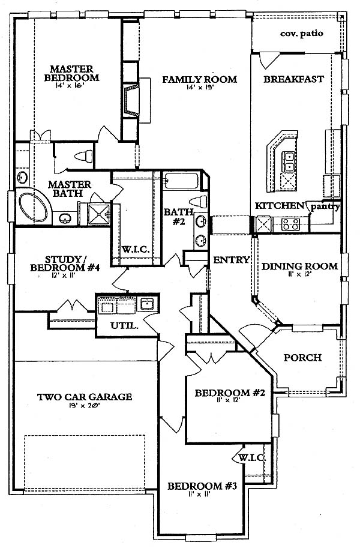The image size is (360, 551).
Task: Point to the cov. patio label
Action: coord(302,34)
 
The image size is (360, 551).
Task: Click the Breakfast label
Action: coord(293,79)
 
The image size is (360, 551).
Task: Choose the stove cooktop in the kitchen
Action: coord(291,224)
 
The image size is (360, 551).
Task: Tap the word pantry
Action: coord(325,206)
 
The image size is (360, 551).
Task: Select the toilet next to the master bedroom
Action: coord(83,157)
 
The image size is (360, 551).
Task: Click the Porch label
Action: coord(302,358)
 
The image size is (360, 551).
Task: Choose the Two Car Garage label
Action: coord(85,397)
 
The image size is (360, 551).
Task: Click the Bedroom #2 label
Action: coord(230,393)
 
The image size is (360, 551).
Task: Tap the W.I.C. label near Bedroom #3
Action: coord(251,458)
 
